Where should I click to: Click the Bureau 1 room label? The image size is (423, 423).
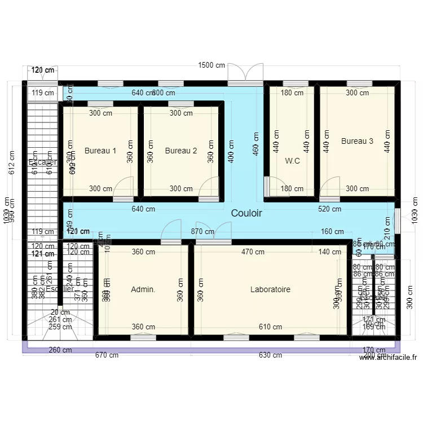tap(100, 151)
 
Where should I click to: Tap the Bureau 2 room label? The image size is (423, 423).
tap(181, 151)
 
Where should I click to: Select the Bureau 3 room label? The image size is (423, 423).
tap(357, 141)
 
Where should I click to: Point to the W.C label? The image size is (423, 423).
tap(292, 161)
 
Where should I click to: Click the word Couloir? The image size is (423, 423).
tap(246, 214)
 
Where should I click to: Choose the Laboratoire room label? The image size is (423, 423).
tap(271, 289)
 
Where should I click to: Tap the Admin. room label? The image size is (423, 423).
tap(143, 289)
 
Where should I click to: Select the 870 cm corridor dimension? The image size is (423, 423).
tap(202, 231)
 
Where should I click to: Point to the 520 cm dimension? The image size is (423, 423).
tap(329, 209)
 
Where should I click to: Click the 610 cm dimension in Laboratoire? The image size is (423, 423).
tap(271, 327)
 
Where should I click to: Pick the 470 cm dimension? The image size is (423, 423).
tap(253, 252)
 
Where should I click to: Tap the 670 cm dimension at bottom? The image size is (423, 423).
tap(107, 355)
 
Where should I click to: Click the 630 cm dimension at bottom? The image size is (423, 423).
tap(271, 355)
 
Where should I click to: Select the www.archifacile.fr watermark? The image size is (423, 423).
tap(389, 357)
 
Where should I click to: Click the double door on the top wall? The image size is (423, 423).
tap(245, 74)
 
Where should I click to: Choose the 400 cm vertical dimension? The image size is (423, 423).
tap(231, 151)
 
